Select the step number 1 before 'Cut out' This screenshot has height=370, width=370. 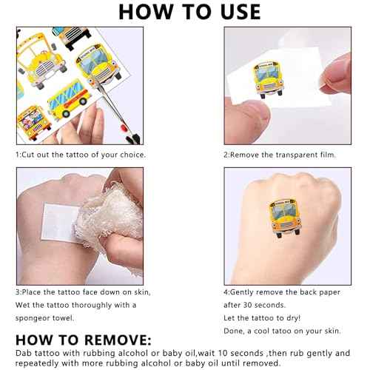tap(18, 155)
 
